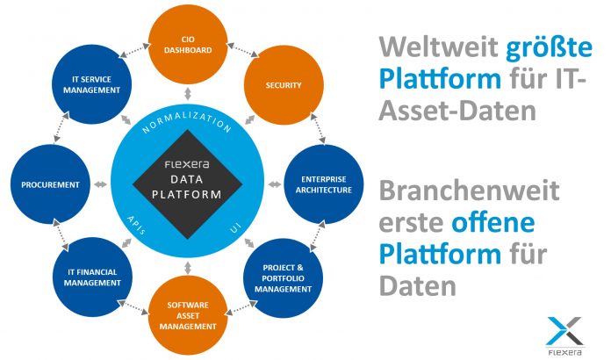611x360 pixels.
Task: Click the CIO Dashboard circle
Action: coord(188,45)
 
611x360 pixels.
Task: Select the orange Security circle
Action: coord(284,85)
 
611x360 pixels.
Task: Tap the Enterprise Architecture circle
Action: coord(323,184)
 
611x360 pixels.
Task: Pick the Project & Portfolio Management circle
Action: coord(284,278)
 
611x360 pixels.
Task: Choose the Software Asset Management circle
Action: coord(188,315)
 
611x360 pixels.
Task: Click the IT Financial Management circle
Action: coord(92,277)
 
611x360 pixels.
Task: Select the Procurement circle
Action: coord(50,184)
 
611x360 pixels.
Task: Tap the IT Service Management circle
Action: coord(91,84)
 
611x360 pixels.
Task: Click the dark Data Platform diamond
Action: coord(188,184)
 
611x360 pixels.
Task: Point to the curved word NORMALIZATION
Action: coord(187,121)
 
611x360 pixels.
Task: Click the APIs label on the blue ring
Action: coord(136,225)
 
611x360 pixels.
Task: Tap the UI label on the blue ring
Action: coord(235,227)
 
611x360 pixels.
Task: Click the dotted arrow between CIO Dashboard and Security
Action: coord(242,50)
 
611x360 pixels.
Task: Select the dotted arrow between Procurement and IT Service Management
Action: coord(61,127)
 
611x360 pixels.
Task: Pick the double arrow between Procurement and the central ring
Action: coord(101,184)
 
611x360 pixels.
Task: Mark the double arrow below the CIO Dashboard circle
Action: coord(188,94)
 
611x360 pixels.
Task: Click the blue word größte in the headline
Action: coord(549,47)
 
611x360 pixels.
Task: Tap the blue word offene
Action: coord(493,222)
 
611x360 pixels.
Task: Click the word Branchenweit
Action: coord(469,191)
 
